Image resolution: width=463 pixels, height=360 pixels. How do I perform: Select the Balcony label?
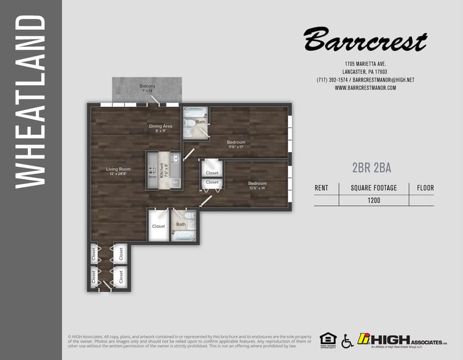[147, 88]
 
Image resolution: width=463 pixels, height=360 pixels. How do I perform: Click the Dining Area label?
[161, 128]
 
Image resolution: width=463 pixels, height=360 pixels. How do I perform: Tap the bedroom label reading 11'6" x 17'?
[236, 144]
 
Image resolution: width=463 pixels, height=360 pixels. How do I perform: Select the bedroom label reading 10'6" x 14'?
[257, 185]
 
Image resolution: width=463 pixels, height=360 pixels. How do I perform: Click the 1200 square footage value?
[374, 201]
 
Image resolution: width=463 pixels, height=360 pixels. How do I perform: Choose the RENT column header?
[321, 187]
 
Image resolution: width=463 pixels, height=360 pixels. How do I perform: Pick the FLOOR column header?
[425, 187]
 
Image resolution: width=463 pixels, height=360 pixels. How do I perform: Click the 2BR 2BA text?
[372, 167]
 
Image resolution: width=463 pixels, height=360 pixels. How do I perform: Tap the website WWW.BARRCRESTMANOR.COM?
[365, 87]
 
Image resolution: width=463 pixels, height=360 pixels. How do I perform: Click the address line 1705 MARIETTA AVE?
[366, 63]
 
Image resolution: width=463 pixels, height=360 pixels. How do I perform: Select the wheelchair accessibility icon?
[347, 341]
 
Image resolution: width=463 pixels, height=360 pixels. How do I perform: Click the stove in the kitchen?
[153, 170]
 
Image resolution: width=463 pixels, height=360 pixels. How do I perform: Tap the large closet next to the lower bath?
[158, 226]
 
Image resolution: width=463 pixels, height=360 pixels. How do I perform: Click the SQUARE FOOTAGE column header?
[374, 187]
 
